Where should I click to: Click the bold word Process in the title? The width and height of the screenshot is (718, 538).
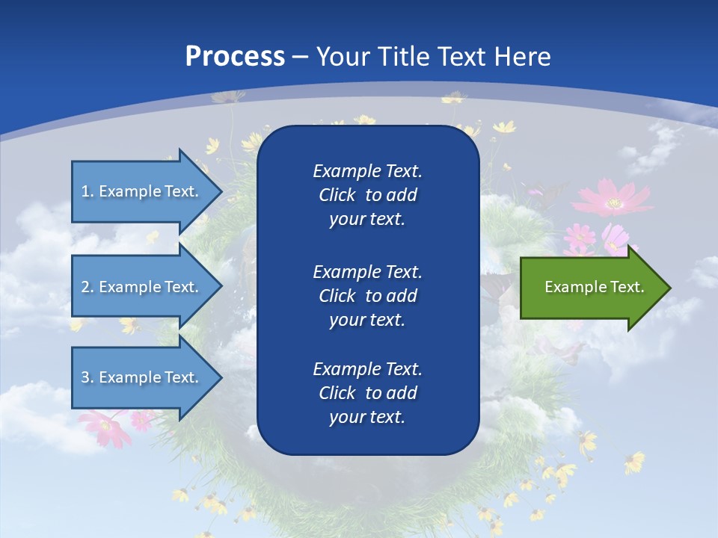point(235,56)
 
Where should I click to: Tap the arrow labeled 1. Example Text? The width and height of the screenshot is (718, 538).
point(142,191)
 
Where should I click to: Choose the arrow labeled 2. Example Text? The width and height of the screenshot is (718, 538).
point(142,287)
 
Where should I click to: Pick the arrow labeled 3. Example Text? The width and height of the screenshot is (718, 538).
point(142,377)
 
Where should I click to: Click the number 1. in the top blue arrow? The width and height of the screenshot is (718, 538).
point(88,191)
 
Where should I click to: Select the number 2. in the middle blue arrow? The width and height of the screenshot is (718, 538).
point(88,287)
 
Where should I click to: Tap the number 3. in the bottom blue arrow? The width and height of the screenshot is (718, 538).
point(88,377)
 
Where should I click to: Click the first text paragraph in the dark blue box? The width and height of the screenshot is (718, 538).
point(367,195)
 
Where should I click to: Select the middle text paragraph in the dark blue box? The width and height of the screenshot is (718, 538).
point(367,295)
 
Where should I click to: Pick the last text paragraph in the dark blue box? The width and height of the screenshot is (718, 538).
point(367,393)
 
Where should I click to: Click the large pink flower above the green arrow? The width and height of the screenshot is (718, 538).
point(613,200)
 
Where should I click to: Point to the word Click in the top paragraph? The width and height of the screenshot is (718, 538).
point(337,195)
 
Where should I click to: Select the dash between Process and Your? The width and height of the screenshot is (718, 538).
point(300,57)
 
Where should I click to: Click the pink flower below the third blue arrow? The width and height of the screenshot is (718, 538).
point(105,427)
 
